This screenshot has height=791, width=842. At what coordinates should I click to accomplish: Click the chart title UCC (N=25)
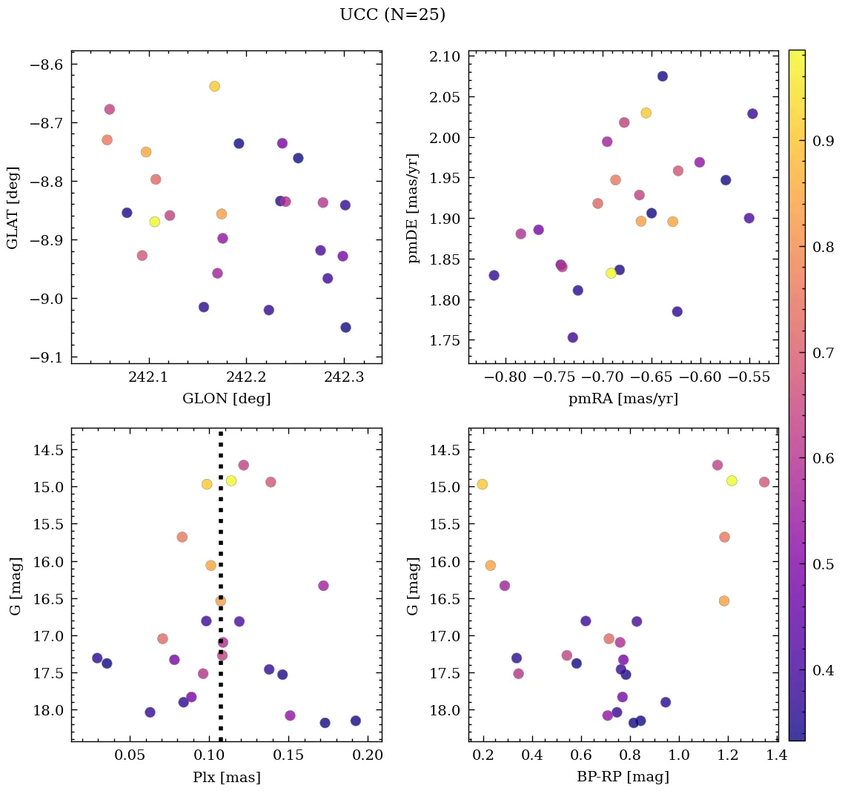click(x=392, y=15)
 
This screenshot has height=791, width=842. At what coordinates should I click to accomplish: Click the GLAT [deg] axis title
click(x=13, y=208)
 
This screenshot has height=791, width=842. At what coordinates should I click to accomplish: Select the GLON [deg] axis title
click(x=226, y=399)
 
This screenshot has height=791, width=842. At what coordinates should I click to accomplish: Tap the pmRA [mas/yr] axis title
click(x=623, y=399)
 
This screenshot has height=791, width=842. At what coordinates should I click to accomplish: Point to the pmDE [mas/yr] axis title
click(x=414, y=208)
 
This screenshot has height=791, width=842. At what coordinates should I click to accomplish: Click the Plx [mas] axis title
click(x=226, y=777)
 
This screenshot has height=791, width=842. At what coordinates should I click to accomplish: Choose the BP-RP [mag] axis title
click(x=623, y=777)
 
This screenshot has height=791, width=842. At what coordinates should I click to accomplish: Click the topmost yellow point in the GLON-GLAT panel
click(x=214, y=86)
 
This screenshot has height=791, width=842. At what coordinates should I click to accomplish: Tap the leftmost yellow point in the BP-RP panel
click(x=482, y=484)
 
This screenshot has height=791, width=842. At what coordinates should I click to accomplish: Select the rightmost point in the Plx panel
click(x=356, y=721)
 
